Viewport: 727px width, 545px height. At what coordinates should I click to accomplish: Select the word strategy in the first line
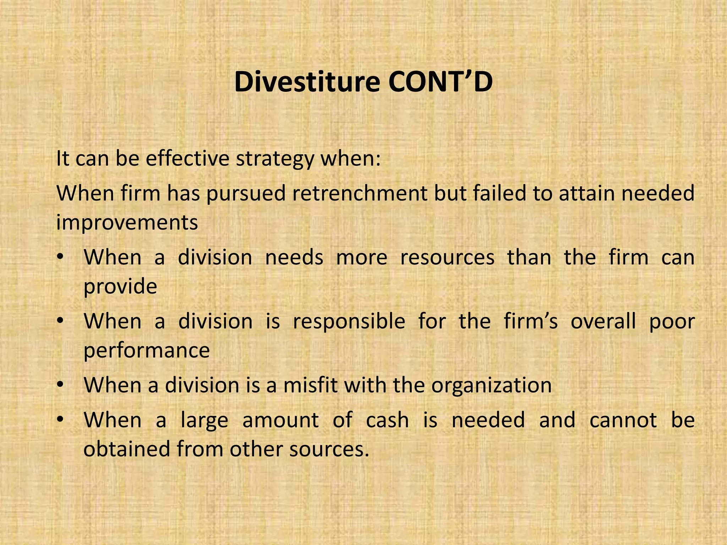(275, 159)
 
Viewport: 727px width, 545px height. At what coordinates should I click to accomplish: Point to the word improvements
(127, 223)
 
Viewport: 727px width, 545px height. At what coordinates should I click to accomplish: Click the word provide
(120, 287)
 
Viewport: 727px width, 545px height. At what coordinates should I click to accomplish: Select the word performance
(147, 351)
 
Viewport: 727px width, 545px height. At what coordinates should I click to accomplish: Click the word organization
(492, 386)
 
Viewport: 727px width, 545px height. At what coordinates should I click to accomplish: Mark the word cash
(387, 420)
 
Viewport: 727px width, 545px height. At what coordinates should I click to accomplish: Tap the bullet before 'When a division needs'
(61, 257)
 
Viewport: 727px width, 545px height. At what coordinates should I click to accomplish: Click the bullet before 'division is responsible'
(61, 321)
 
